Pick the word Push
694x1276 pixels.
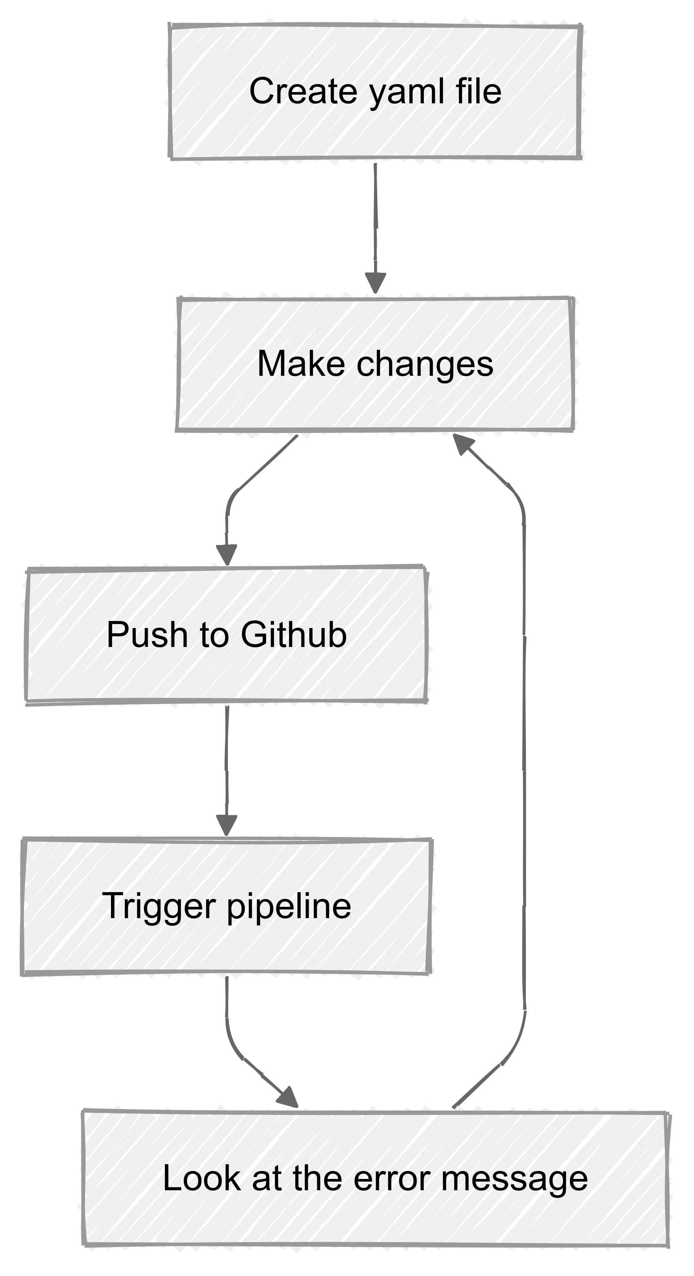point(147,635)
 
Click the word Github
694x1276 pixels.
point(294,635)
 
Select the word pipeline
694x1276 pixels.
point(289,907)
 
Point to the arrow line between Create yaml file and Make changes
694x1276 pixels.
point(375,218)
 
